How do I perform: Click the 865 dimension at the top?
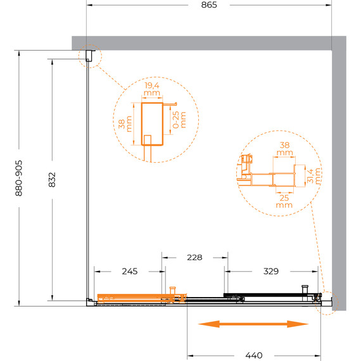tap(209, 5)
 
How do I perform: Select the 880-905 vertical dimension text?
tap(18, 178)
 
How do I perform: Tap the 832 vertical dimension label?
tap(52, 180)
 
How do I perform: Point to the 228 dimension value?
tap(194, 257)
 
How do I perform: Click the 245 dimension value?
tap(130, 272)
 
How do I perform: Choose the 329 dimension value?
tap(271, 272)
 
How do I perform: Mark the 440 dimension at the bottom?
tap(254, 355)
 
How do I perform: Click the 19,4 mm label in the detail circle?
tap(152, 89)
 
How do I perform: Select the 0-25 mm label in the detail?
tap(179, 120)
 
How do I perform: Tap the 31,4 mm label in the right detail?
tap(313, 176)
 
